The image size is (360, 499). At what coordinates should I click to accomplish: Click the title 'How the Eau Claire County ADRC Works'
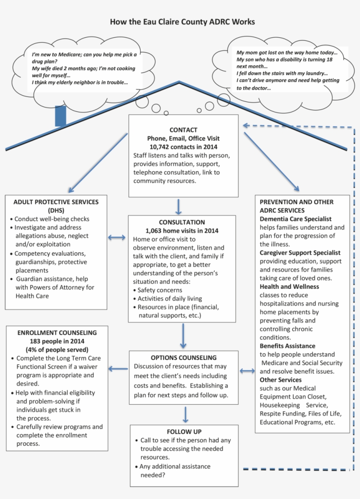[x=182, y=22]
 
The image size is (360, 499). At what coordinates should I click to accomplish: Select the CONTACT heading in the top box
[x=183, y=129]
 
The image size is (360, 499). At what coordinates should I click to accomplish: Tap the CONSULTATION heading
[x=182, y=222]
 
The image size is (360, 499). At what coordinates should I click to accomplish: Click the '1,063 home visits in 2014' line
[x=182, y=230]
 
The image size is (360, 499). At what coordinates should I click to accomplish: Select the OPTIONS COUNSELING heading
[x=184, y=358]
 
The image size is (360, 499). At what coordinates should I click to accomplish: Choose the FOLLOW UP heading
[x=184, y=431]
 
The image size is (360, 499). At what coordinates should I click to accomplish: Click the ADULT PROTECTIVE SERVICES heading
[x=56, y=202]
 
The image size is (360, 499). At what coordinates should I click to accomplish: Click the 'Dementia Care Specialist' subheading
[x=295, y=219]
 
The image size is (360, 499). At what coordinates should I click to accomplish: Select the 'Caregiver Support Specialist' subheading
[x=300, y=253]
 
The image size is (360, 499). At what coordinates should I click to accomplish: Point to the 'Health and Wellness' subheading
[x=289, y=287]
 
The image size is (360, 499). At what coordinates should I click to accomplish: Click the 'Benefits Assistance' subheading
[x=287, y=346]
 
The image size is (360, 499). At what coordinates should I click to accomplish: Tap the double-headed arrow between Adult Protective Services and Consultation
[x=117, y=237]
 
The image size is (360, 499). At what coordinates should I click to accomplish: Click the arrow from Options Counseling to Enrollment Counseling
[x=118, y=369]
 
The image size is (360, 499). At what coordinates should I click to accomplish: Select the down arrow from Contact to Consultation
[x=179, y=206]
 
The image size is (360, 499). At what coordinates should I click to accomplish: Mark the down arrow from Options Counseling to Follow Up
[x=185, y=414]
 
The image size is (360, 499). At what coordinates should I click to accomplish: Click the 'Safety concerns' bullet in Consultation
[x=159, y=290]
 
